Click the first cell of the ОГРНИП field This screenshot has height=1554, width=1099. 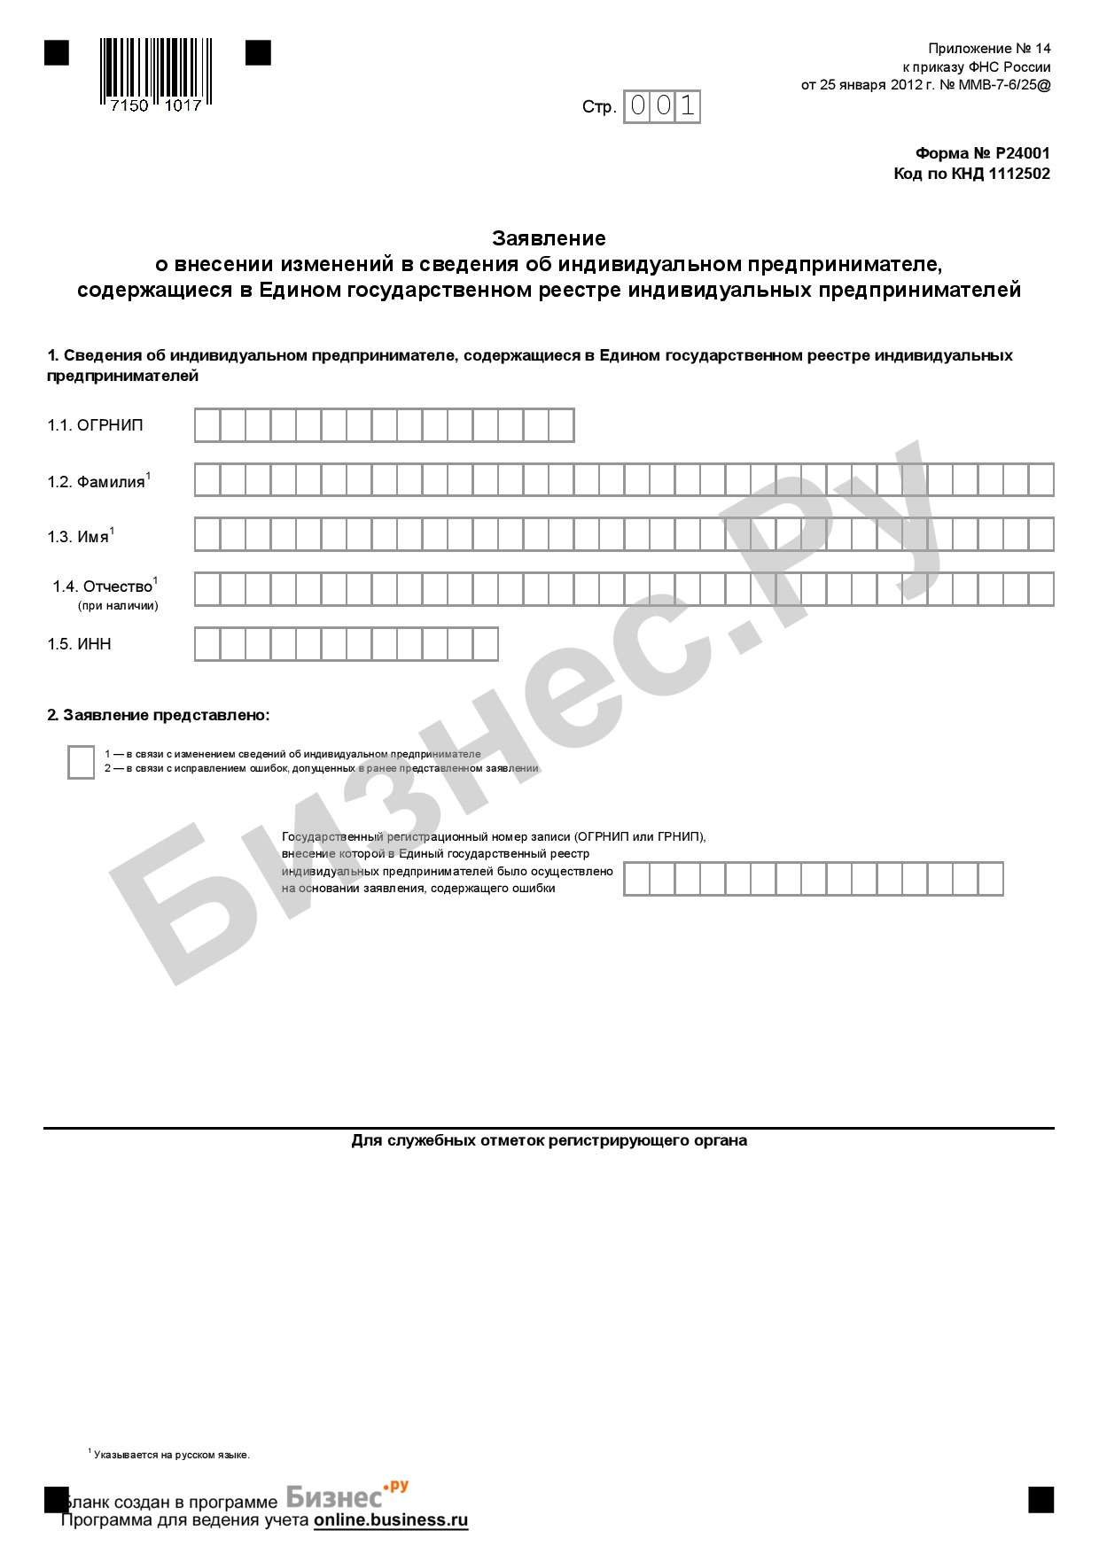click(207, 425)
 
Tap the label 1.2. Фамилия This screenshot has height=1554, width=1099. click(98, 481)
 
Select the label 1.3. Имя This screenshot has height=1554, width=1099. click(81, 537)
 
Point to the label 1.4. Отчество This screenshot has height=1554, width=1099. click(105, 587)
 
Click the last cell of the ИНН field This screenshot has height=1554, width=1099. click(486, 644)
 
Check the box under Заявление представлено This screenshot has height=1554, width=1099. click(81, 762)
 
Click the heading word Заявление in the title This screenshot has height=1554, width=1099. click(549, 238)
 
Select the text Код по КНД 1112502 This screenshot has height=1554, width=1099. click(971, 174)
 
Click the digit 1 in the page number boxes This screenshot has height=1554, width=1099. click(688, 107)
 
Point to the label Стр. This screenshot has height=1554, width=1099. click(599, 107)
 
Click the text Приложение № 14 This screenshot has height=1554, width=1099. click(989, 49)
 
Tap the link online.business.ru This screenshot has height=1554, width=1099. click(390, 1520)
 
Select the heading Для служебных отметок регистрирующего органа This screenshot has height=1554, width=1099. click(549, 1140)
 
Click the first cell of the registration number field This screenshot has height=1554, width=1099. click(637, 879)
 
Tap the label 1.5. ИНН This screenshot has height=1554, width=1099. click(80, 644)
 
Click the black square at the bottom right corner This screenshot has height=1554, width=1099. click(1041, 1499)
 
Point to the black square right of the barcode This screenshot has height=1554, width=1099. click(258, 53)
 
